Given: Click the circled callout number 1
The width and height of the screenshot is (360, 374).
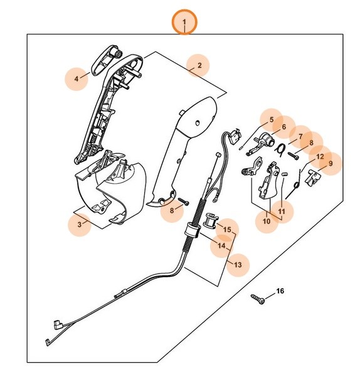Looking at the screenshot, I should (184, 23).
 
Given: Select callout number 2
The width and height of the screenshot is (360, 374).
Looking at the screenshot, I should (199, 65).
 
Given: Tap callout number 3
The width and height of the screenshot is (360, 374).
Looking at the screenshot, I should (79, 223).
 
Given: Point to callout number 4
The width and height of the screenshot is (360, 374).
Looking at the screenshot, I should (77, 78).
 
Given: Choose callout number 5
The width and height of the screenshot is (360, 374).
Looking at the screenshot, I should (272, 119).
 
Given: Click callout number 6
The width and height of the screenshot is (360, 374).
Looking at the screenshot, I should (283, 127).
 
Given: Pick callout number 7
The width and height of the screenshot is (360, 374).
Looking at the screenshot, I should (300, 136).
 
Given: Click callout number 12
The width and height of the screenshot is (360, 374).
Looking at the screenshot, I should (320, 156).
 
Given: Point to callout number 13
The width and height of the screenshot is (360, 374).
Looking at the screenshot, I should (237, 264).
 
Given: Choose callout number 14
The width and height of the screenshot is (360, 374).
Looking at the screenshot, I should (221, 246).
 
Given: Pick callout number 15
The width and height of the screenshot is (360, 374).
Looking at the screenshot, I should (226, 229).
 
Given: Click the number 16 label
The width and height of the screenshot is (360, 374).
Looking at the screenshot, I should (280, 291).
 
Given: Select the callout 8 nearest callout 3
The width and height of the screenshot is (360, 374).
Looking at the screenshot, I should (171, 211).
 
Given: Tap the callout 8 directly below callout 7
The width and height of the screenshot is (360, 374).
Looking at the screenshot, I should (311, 143).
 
